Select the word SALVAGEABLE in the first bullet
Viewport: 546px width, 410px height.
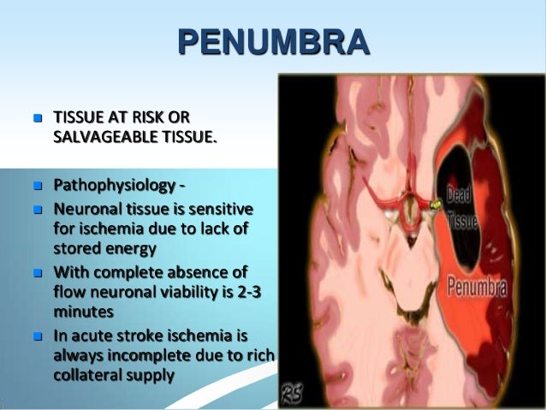tap(98, 134)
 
